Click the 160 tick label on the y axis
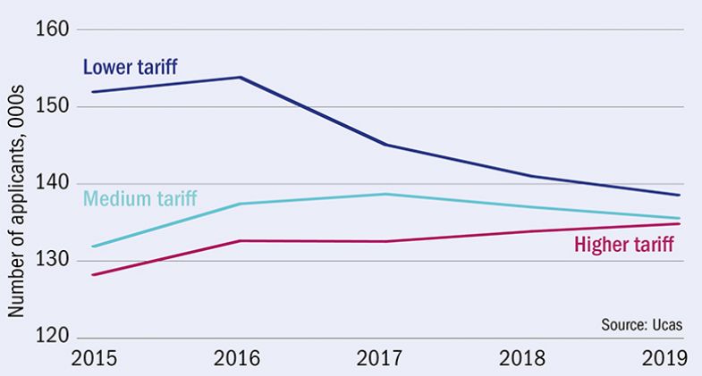pyautogui.click(x=53, y=29)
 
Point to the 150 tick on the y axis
pyautogui.click(x=53, y=106)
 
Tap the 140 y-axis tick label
pyautogui.click(x=53, y=184)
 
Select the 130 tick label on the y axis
pyautogui.click(x=53, y=261)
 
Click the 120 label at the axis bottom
pyautogui.click(x=53, y=338)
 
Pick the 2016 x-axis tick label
pyautogui.click(x=239, y=360)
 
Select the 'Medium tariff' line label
pyautogui.click(x=140, y=197)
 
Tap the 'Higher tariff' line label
pyautogui.click(x=623, y=243)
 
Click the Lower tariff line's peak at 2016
pyautogui.click(x=239, y=77)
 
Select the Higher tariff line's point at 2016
pyautogui.click(x=239, y=240)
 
